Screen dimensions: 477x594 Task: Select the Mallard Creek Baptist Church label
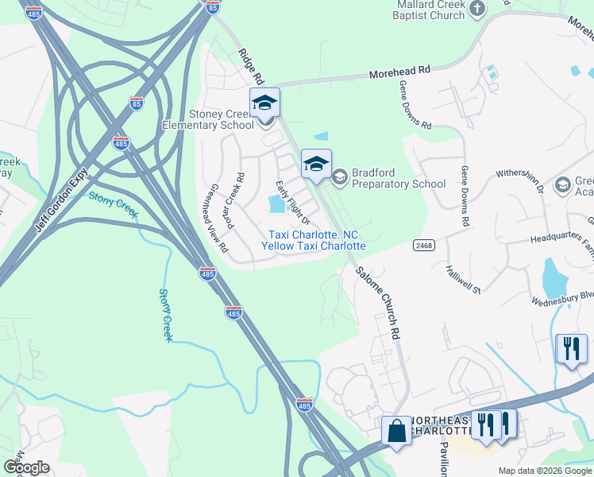(430, 10)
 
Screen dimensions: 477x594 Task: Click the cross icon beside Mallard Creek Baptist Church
(477, 9)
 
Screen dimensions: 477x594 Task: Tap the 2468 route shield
(422, 246)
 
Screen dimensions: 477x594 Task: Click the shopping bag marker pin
(396, 432)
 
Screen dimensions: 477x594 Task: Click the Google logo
(26, 467)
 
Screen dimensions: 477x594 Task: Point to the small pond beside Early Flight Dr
(277, 205)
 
